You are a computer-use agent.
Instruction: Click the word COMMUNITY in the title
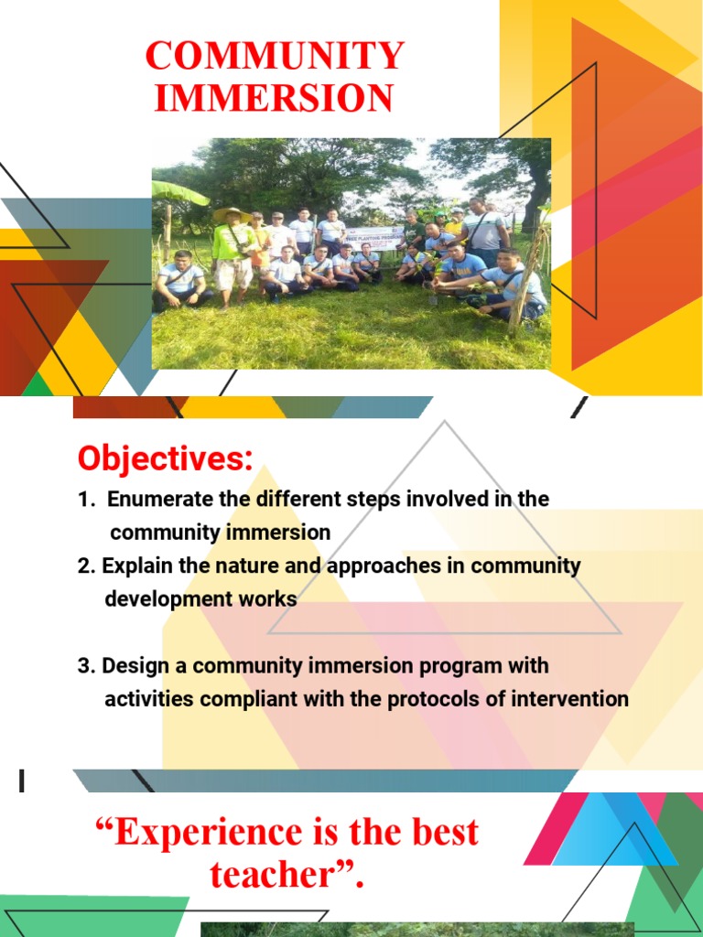tap(275, 56)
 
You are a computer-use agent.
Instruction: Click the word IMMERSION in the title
tap(274, 97)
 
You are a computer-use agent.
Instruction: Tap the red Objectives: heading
tap(166, 459)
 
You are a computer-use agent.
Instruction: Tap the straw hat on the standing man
tap(233, 214)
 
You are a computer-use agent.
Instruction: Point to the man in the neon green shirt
tap(233, 258)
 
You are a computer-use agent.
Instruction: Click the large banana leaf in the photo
tap(178, 192)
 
